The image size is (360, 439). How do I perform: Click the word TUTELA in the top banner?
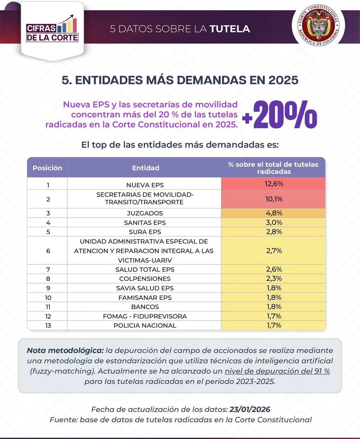pos(230,29)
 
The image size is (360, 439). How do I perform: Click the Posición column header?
pos(48,168)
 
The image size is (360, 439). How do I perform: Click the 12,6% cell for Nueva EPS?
pos(273,184)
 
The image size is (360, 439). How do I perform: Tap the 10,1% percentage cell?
pos(273,199)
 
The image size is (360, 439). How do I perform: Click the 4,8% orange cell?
pos(273,213)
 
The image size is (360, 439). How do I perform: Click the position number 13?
pos(48,325)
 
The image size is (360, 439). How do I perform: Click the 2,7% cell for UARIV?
pos(273,251)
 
